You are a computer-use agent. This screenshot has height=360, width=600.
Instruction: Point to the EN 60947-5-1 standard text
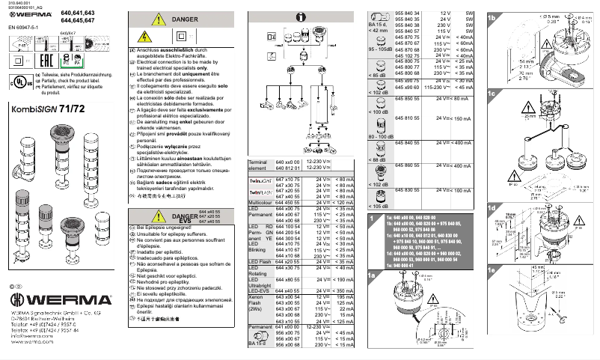(25, 28)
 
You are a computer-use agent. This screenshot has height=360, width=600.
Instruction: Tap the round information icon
(299, 16)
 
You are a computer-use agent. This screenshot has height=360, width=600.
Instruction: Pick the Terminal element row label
(259, 165)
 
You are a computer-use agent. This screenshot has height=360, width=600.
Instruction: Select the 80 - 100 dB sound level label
(381, 137)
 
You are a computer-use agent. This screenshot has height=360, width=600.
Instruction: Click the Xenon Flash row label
(259, 302)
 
